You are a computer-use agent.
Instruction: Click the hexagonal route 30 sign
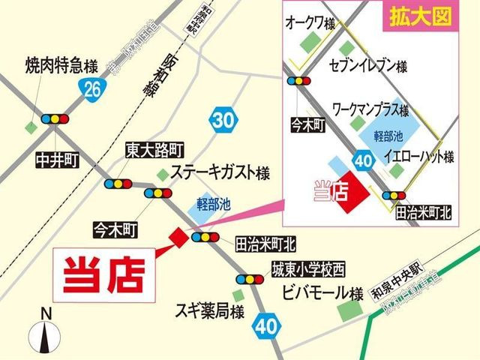[223, 120]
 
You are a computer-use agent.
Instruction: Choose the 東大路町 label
[153, 149]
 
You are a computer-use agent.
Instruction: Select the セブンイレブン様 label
[368, 67]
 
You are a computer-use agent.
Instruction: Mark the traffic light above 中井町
[55, 118]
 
